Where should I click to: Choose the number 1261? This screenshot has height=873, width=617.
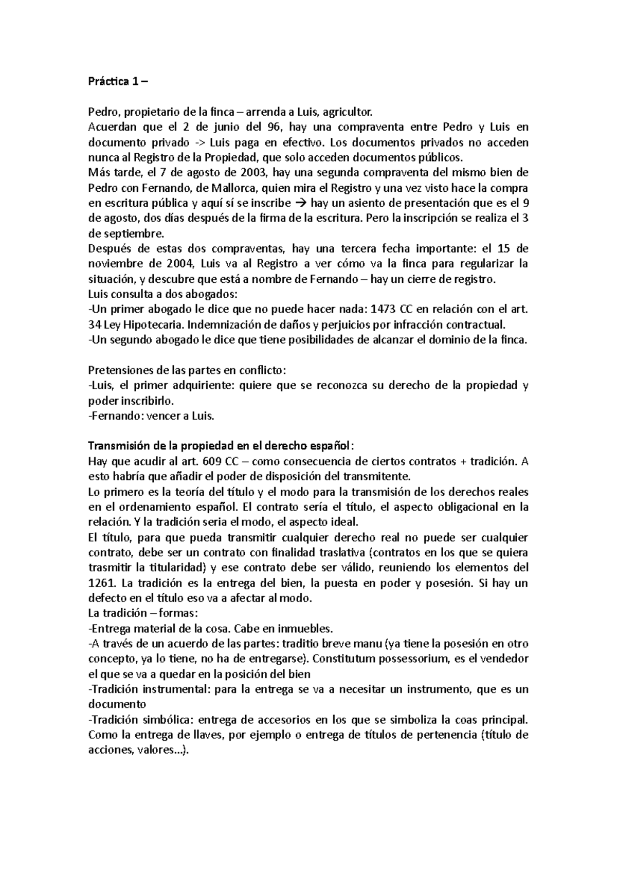(100, 584)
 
